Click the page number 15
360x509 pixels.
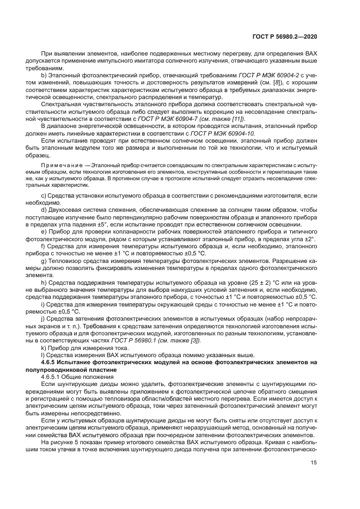point(314,478)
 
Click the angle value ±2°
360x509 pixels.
point(309,237)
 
